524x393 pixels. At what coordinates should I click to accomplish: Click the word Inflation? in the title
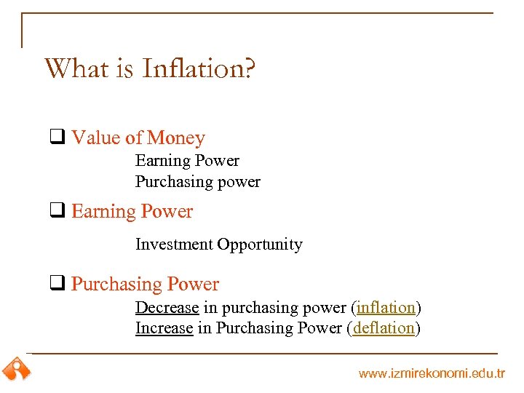click(199, 68)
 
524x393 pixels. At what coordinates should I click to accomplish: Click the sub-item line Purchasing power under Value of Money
click(197, 182)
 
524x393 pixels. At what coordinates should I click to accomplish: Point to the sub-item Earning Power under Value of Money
click(187, 161)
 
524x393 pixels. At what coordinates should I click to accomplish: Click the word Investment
click(174, 245)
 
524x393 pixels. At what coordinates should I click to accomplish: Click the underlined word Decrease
click(167, 307)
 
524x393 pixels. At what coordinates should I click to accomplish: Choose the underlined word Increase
click(164, 328)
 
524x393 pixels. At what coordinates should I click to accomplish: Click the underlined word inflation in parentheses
click(386, 307)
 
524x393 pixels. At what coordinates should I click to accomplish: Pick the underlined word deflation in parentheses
click(384, 328)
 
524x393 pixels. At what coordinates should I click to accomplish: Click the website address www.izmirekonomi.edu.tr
click(432, 373)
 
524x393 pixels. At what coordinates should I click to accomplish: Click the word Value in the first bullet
click(96, 138)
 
